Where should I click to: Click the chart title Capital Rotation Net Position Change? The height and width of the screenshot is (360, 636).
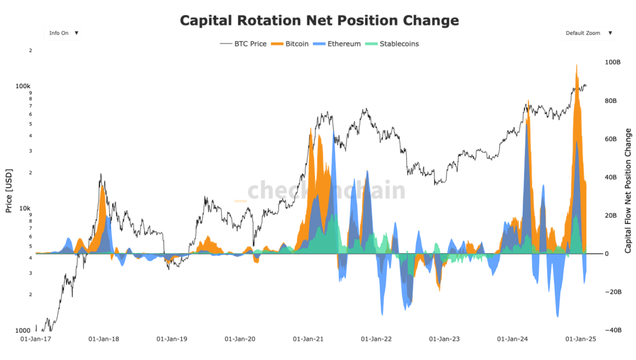(319, 20)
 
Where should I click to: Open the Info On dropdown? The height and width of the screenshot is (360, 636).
(62, 33)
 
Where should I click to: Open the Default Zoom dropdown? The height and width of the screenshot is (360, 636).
(587, 33)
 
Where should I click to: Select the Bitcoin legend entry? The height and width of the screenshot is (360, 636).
(292, 44)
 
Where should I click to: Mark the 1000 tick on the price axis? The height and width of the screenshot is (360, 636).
(24, 330)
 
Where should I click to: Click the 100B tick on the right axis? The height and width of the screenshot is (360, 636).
(612, 63)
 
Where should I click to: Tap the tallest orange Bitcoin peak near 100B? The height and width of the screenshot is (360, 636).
(577, 65)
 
